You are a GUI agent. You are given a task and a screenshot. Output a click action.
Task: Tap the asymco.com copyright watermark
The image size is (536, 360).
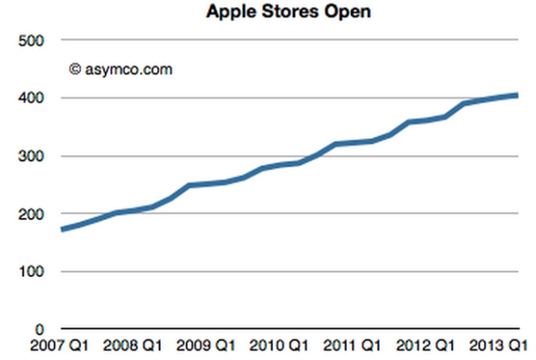[x=121, y=69]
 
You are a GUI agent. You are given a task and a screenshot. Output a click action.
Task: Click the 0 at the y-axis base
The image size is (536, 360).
[x=39, y=329]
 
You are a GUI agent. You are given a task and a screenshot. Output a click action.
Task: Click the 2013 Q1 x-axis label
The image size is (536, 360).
[x=501, y=346]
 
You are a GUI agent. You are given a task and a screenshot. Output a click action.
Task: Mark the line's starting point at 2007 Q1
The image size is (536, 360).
[x=62, y=229]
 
